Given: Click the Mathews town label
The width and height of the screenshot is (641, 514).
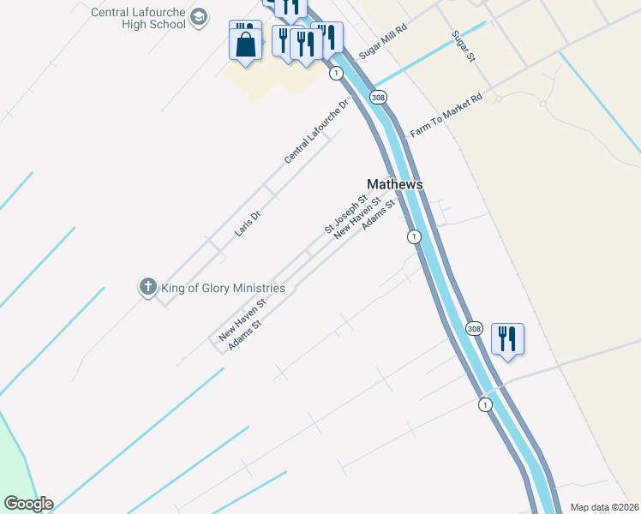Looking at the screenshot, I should pos(395,184).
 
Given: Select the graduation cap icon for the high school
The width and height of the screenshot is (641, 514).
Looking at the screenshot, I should pos(199,18).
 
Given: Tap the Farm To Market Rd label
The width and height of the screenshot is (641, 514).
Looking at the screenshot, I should pos(446,116).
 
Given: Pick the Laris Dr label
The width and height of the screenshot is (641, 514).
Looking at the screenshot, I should pos(247,222).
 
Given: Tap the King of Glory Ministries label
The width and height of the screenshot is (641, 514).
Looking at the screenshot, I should pos(223,288).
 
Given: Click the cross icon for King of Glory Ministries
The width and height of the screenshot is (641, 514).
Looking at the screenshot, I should pos(147,287).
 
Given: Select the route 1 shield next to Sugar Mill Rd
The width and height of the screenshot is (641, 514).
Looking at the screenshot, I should pos(335,74).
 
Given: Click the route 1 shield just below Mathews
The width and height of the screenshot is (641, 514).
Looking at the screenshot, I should pos(414,236).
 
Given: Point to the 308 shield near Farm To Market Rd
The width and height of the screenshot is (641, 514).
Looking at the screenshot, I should pos(378,98).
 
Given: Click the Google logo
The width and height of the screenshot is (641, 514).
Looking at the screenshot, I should pos(28,504).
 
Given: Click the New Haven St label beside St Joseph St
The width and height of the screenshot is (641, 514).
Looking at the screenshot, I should pos(356,219).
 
